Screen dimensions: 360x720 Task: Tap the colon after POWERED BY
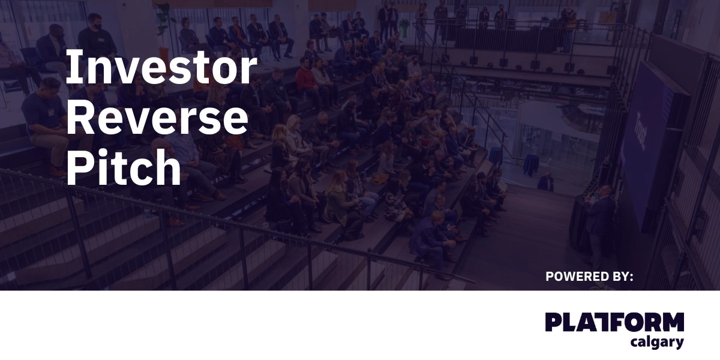[x=631, y=278]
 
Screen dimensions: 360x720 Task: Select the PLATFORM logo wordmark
[x=614, y=322]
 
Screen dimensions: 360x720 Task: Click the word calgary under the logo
[x=657, y=343]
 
